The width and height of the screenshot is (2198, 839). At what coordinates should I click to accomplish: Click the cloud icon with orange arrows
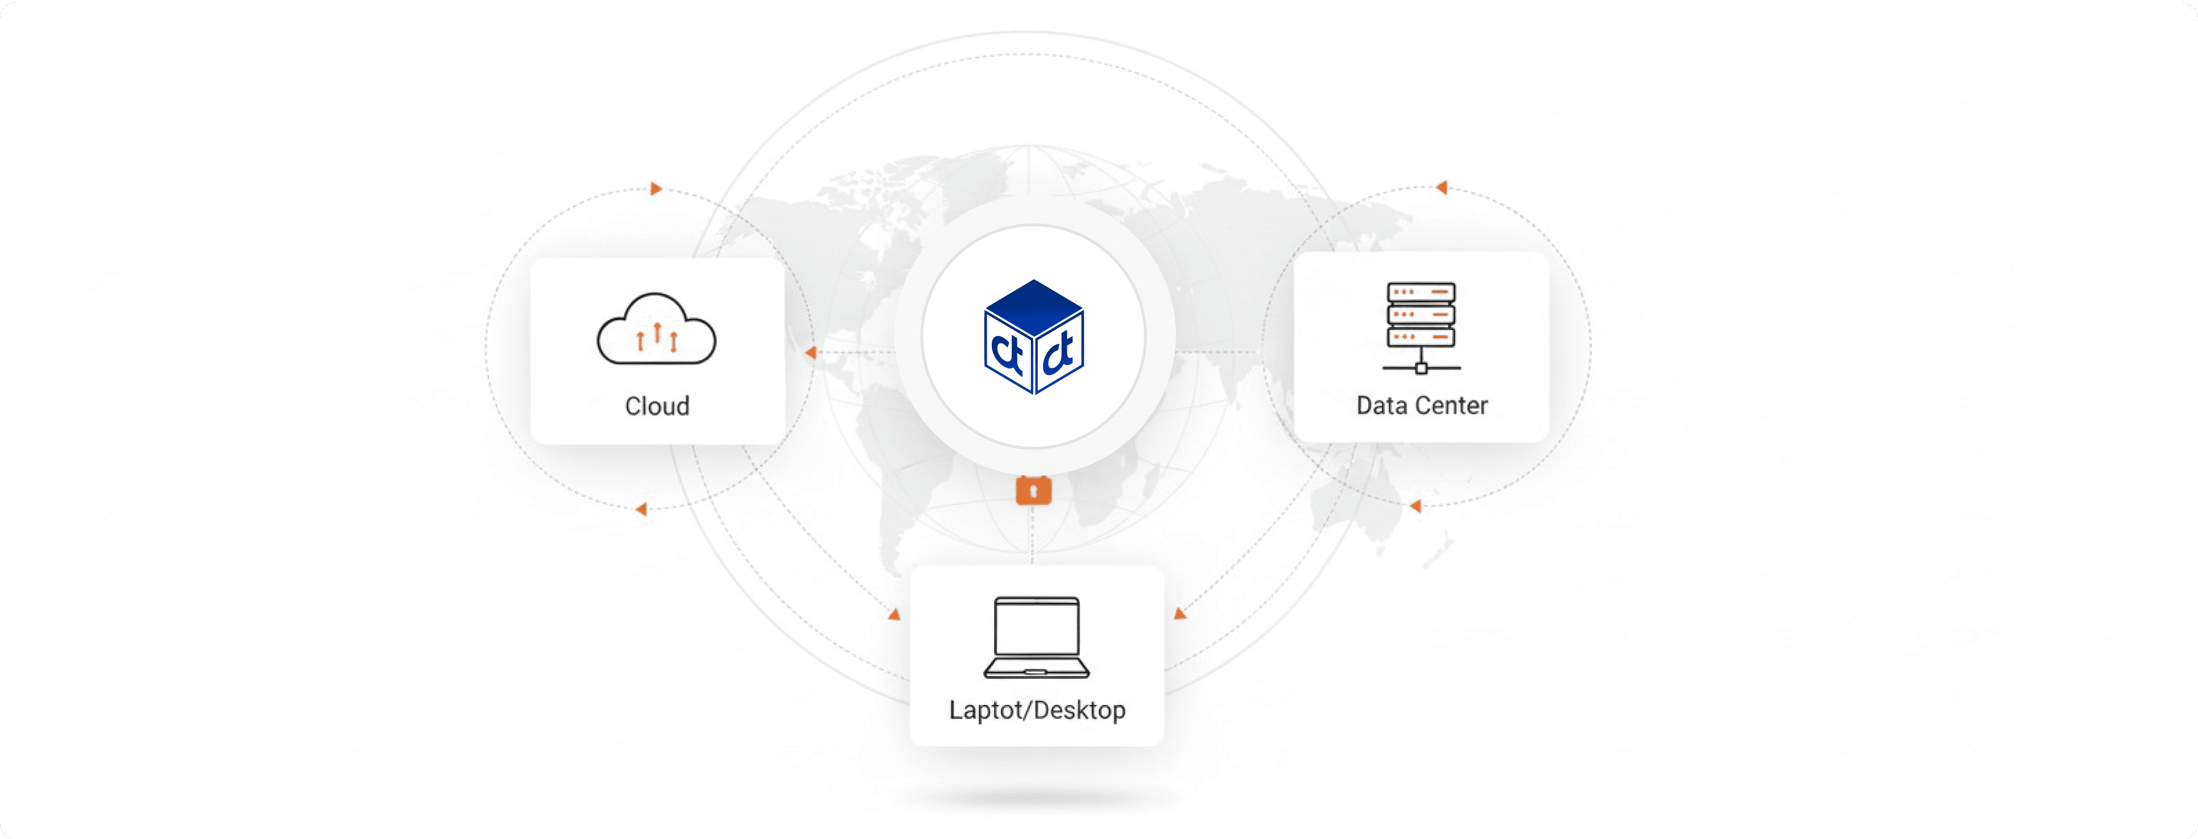[656, 330]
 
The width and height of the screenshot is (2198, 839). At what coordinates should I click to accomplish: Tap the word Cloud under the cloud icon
[657, 406]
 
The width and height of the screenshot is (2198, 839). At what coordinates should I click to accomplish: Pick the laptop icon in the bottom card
[1037, 637]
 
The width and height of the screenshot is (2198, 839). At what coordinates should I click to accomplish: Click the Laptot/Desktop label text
[1037, 710]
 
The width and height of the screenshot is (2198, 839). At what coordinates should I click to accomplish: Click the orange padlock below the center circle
[1033, 490]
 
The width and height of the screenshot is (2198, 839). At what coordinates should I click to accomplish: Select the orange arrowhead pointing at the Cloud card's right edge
[811, 352]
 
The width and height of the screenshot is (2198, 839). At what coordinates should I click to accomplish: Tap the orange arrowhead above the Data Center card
[1441, 187]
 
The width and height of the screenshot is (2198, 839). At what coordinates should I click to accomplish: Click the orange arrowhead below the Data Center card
[1416, 507]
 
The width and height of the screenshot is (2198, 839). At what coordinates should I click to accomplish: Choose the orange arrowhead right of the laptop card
[1180, 613]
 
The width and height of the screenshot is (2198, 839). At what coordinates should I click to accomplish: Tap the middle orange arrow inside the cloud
[657, 332]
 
